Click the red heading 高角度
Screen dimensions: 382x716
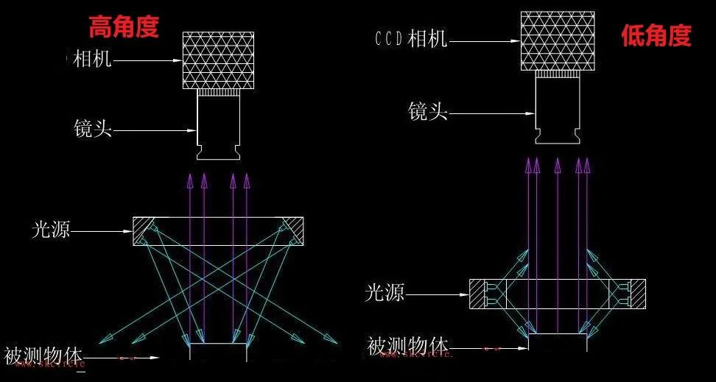pyautogui.click(x=123, y=27)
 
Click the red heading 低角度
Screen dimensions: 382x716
pyautogui.click(x=656, y=35)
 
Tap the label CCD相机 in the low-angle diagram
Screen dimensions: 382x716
pyautogui.click(x=410, y=39)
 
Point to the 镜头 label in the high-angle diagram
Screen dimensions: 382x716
pyautogui.click(x=93, y=130)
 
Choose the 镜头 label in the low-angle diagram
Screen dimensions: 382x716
pyautogui.click(x=428, y=113)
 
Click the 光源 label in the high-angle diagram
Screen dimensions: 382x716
pyautogui.click(x=51, y=230)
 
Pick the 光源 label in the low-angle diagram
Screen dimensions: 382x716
pyautogui.click(x=385, y=293)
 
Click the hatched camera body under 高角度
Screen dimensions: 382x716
pyautogui.click(x=218, y=60)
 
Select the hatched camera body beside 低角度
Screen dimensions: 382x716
pyautogui.click(x=557, y=40)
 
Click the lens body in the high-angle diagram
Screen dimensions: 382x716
pyautogui.click(x=219, y=127)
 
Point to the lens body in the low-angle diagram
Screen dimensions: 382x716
pyautogui.click(x=557, y=110)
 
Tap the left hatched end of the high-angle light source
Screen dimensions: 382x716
pyautogui.click(x=144, y=231)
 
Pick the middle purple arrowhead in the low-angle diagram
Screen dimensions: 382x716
pyautogui.click(x=558, y=163)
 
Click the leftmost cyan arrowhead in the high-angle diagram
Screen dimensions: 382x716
pyautogui.click(x=104, y=338)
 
